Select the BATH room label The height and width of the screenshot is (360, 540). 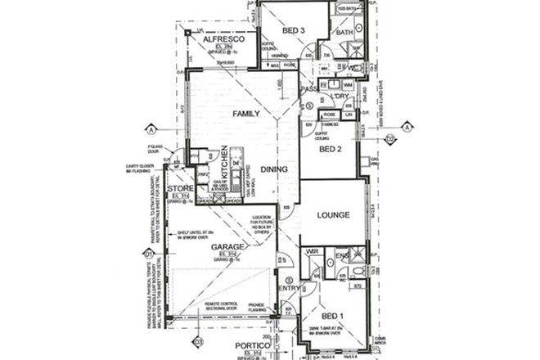click(x=344, y=33)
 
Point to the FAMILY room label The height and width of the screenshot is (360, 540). click(x=246, y=114)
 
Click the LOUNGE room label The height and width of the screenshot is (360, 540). click(x=333, y=215)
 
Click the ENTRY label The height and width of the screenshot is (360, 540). click(x=290, y=287)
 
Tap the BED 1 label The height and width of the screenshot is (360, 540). click(x=331, y=316)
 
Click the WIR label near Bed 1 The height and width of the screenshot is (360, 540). click(x=313, y=252)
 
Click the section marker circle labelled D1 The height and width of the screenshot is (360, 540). click(x=148, y=254)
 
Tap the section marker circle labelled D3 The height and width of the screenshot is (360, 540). click(x=197, y=341)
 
